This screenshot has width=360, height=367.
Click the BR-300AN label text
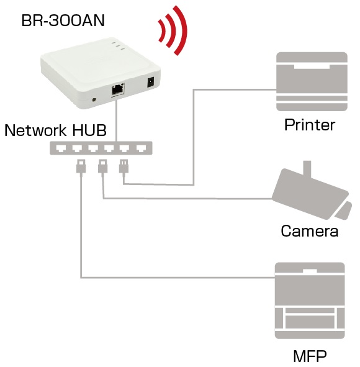click(63, 20)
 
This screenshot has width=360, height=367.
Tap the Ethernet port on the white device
click(118, 89)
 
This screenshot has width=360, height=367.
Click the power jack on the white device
click(150, 82)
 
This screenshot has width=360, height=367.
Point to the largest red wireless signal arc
click(181, 30)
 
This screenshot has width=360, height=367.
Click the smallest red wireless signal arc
click(162, 32)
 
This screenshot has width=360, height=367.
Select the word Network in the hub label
click(36, 130)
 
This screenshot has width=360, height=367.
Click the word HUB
click(89, 130)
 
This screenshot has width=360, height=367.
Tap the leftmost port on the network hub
click(61, 148)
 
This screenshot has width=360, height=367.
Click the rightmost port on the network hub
click(141, 148)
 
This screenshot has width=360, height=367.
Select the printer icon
click(312, 81)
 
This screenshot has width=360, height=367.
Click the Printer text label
click(310, 125)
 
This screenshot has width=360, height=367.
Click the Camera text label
click(310, 231)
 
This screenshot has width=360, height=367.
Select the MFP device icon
click(310, 301)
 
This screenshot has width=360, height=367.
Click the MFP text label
click(310, 356)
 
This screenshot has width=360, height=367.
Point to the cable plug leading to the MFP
click(81, 166)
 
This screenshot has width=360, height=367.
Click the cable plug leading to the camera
click(102, 166)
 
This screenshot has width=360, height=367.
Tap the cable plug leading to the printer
click(124, 166)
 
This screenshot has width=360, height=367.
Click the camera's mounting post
click(307, 168)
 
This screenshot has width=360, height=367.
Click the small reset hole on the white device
click(94, 100)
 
